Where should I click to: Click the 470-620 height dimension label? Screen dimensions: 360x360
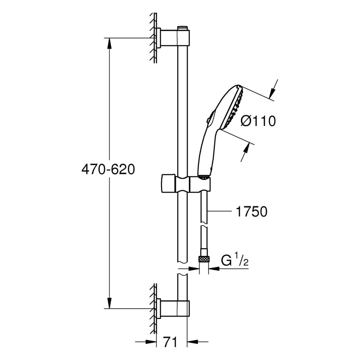(x=108, y=170)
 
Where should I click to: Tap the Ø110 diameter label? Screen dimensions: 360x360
(x=258, y=121)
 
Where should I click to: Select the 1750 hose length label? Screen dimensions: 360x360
(x=252, y=211)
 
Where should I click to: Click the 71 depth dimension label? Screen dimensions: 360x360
(x=170, y=342)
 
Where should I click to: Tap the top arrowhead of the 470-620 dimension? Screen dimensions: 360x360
(x=110, y=43)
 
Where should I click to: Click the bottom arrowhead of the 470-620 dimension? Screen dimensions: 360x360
(x=110, y=303)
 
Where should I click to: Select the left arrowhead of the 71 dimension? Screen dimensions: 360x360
(x=151, y=342)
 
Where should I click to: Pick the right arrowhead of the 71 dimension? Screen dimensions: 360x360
(x=192, y=342)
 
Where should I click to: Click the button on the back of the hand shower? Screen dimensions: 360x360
(x=207, y=120)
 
